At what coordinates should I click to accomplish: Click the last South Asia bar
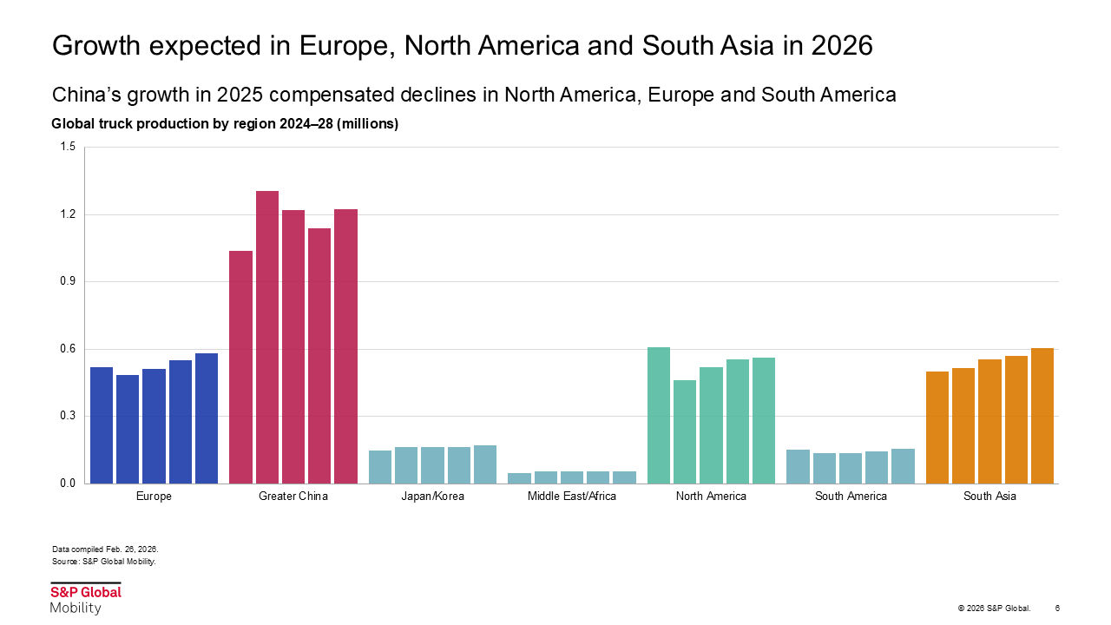[1042, 416]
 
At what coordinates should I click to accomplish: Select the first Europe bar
[102, 425]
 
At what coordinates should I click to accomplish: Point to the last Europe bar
[207, 418]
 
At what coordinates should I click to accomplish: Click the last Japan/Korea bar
[484, 464]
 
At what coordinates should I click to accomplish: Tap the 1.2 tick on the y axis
[68, 214]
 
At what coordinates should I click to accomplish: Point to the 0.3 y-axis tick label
[68, 416]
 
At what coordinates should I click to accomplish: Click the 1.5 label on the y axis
[68, 148]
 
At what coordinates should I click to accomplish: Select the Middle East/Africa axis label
[572, 497]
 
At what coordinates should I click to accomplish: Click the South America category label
[851, 497]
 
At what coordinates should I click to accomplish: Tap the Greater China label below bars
[293, 497]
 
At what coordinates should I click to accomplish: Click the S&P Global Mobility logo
[85, 599]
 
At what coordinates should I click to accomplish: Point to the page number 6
[1057, 608]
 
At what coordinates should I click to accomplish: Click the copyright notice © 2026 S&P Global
[994, 608]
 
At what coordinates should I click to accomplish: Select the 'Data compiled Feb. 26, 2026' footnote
[105, 549]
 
